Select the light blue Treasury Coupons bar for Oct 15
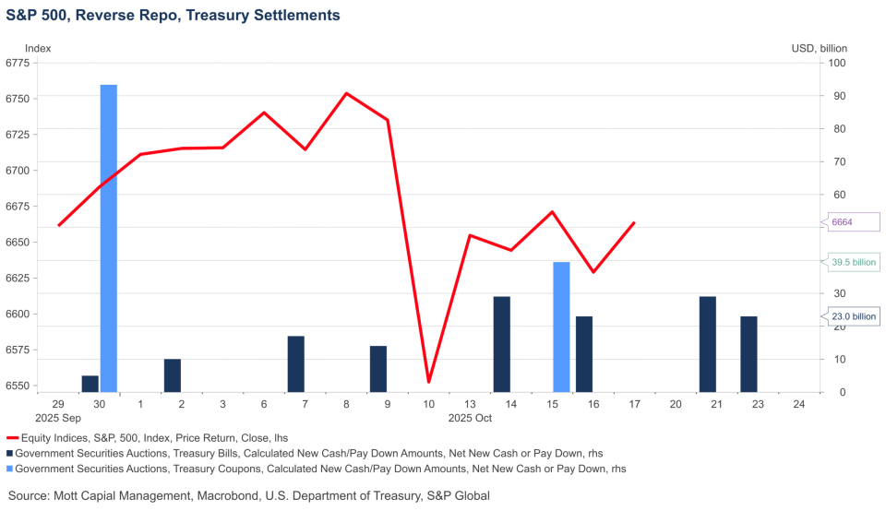tap(561, 327)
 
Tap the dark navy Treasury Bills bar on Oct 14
tap(502, 344)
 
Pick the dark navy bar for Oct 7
tap(296, 363)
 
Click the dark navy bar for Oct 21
tap(708, 344)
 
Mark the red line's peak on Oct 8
tap(346, 93)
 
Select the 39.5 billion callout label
tap(853, 262)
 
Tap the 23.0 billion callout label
tap(853, 316)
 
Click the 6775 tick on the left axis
tap(18, 63)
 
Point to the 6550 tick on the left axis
tap(18, 386)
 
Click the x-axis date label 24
tap(797, 404)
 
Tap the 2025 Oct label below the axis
tap(470, 418)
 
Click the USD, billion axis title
tap(819, 48)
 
